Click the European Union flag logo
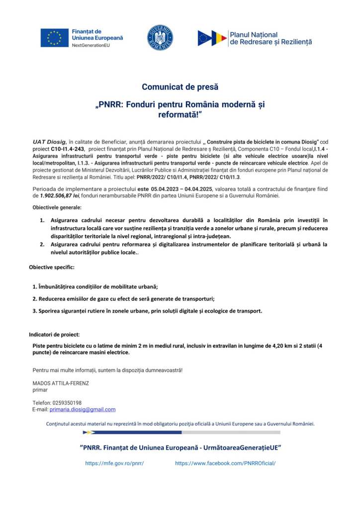[x=54, y=38]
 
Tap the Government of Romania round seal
[x=160, y=38]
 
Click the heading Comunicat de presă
[x=180, y=87]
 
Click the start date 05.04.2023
[x=169, y=189]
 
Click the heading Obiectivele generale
[x=57, y=207]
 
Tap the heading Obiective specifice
[x=52, y=267]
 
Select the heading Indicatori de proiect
[x=54, y=335]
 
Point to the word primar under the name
[x=40, y=390]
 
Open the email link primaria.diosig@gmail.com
[x=83, y=410]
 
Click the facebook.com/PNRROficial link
[x=225, y=463]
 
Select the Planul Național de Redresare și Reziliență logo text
[x=270, y=38]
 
